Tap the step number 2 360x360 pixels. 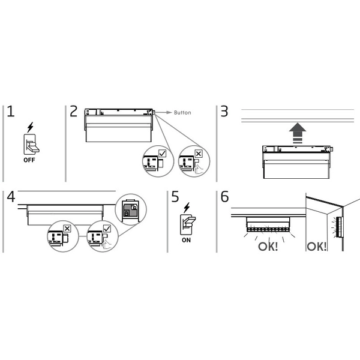coord(73,112)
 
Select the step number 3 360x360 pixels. coord(224,112)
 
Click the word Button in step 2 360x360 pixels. coord(182,112)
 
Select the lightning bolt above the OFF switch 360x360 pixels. coord(31,128)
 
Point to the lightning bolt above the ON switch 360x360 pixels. coord(187,207)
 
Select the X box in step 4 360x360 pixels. coord(67,229)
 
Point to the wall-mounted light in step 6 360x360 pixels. coord(340,228)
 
